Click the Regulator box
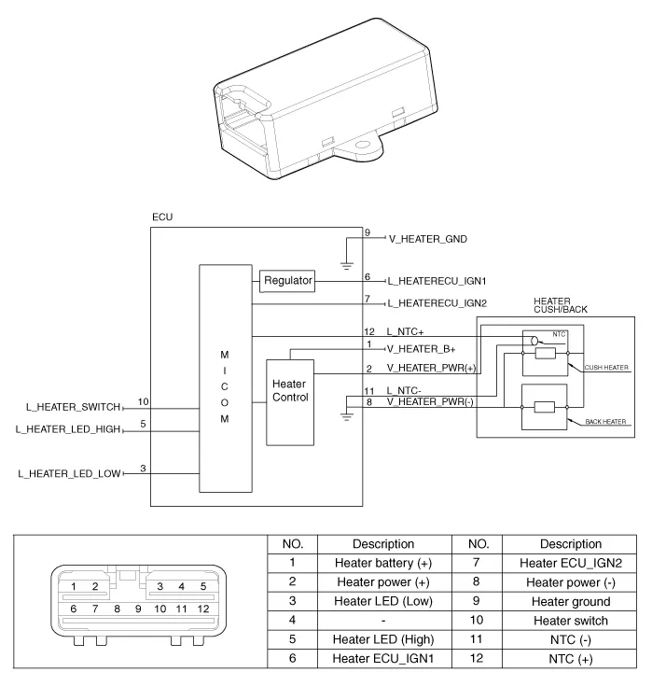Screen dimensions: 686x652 point(287,280)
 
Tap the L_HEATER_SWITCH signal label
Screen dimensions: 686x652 point(74,407)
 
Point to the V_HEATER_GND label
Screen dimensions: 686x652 point(427,239)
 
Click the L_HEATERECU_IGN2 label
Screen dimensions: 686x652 point(437,303)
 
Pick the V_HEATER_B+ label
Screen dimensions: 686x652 point(422,348)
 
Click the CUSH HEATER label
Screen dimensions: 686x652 point(606,368)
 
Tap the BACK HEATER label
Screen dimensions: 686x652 point(606,423)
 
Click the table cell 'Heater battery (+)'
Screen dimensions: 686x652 point(383,563)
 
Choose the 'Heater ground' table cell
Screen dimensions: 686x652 point(571,602)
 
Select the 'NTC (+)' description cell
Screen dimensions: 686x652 point(571,659)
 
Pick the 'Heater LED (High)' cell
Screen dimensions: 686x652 point(383,639)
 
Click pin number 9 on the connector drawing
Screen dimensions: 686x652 point(138,609)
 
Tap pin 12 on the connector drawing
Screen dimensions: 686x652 point(202,609)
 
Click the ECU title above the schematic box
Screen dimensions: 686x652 point(161,217)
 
